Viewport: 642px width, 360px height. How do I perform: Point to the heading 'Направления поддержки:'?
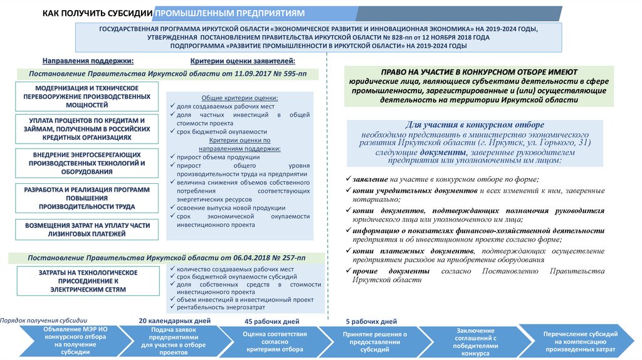pos(88,61)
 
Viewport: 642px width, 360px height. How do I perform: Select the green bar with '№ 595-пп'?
pos(166,74)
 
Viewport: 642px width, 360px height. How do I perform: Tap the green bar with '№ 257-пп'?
pos(166,258)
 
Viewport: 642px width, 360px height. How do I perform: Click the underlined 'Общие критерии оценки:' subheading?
pos(240,98)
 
